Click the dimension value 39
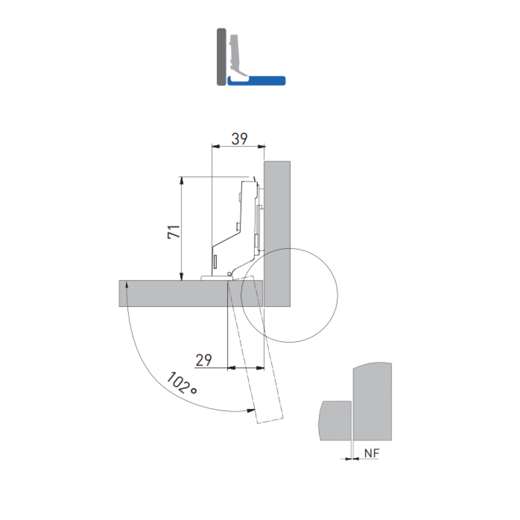tap(239, 139)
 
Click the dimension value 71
tap(174, 231)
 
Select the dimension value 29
tap(204, 360)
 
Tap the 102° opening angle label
tap(181, 383)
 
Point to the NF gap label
tap(371, 453)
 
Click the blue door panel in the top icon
tap(256, 81)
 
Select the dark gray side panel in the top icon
tap(221, 57)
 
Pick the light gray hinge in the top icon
tap(237, 56)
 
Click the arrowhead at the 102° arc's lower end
tap(251, 411)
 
